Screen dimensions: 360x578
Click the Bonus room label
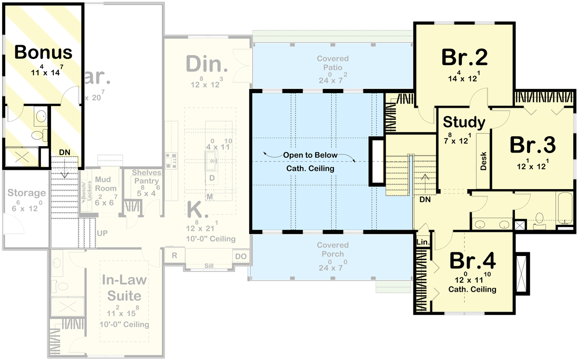[43, 52]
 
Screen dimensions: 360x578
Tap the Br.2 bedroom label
[464, 57]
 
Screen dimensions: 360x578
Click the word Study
[464, 122]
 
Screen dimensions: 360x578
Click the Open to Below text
[309, 156]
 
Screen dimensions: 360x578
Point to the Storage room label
[27, 193]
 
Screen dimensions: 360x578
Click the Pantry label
[146, 181]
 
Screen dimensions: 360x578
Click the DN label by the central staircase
[425, 200]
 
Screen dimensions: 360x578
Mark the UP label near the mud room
[102, 232]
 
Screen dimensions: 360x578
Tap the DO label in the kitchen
[240, 256]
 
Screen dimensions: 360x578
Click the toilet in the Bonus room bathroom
[37, 135]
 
